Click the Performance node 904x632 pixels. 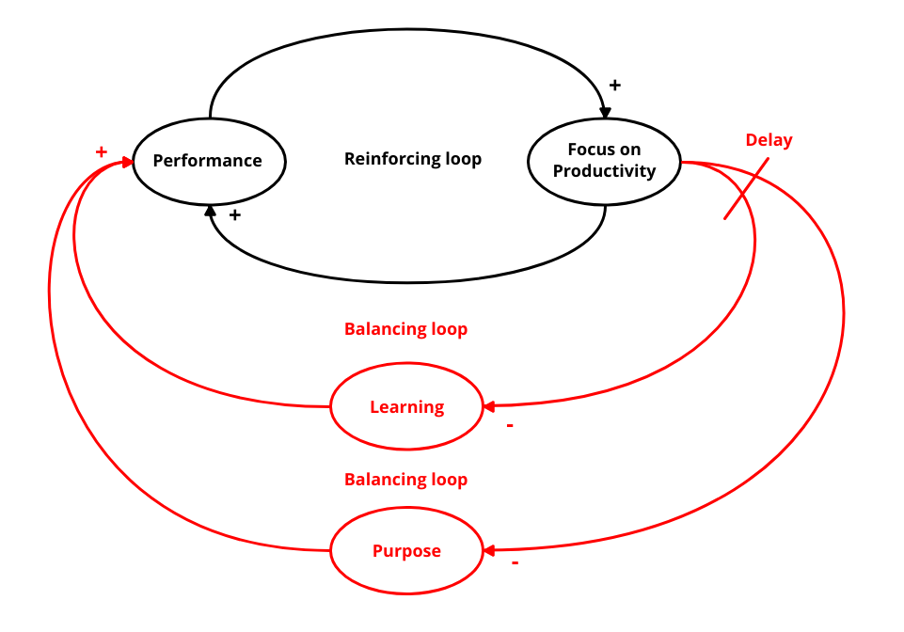[x=208, y=161]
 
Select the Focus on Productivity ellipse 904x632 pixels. [x=604, y=161]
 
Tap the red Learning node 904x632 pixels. [x=406, y=407]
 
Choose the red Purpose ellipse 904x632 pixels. [x=406, y=551]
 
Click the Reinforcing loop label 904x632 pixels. [x=413, y=159]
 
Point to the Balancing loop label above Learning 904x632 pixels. [x=405, y=329]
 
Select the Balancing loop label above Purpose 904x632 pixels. [x=405, y=480]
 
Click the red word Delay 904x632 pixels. [x=769, y=140]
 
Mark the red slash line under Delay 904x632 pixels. [x=746, y=188]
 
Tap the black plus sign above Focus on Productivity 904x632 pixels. [x=615, y=86]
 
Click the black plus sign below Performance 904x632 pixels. [x=235, y=215]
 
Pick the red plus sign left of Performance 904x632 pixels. [x=102, y=151]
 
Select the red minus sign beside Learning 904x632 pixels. [x=510, y=425]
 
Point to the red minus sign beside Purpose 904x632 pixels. [x=515, y=562]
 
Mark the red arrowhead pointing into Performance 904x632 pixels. [x=127, y=162]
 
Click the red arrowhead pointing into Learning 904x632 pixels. [x=489, y=406]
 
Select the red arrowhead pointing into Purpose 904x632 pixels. [x=489, y=550]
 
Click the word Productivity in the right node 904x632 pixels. [x=604, y=171]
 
